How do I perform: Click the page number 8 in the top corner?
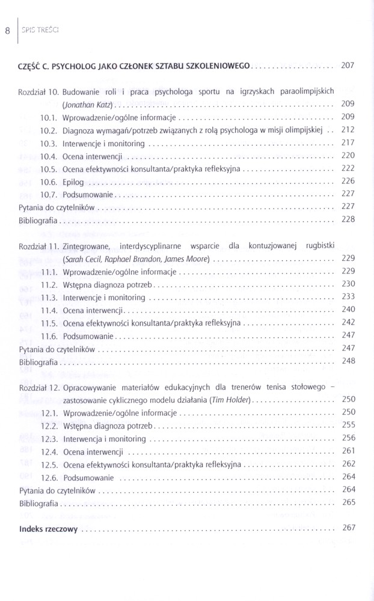(x=7, y=29)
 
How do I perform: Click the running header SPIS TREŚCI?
(x=39, y=29)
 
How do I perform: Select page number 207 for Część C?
(x=348, y=65)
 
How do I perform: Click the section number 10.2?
(x=48, y=129)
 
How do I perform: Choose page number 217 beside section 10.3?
(x=348, y=142)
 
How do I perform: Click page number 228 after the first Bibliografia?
(x=348, y=220)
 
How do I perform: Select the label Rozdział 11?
(x=39, y=246)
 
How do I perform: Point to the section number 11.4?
(x=48, y=310)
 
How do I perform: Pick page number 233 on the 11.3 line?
(x=348, y=297)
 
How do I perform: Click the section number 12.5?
(x=48, y=465)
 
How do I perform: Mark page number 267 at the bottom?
(x=348, y=528)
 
